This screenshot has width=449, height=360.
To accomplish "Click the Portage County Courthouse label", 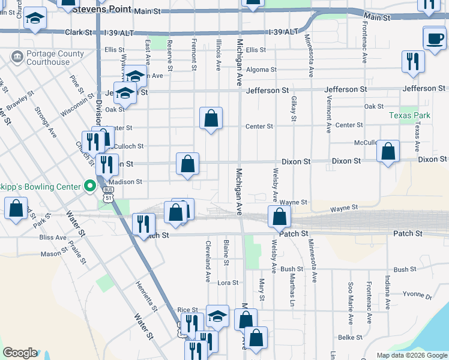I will click(48, 58).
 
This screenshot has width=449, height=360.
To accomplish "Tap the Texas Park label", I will click(409, 115).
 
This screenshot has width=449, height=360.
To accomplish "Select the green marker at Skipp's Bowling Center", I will click(90, 186).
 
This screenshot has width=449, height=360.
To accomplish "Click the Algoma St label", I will click(261, 70).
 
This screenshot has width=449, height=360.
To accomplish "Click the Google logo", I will click(20, 353).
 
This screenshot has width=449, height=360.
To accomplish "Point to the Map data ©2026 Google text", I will click(411, 355).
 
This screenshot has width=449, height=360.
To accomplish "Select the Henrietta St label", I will click(146, 296).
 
